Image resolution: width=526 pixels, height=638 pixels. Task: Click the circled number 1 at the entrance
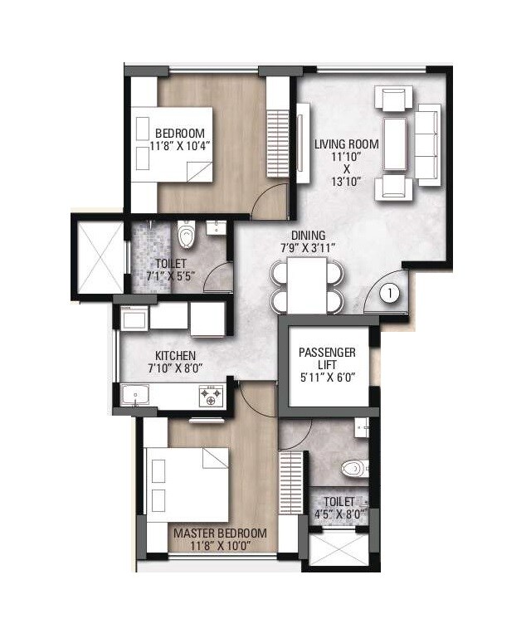(x=389, y=293)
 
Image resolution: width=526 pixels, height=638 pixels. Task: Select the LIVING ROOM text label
(x=346, y=144)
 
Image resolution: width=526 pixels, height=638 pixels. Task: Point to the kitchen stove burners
(x=211, y=396)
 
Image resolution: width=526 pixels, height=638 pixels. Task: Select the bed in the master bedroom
(x=186, y=481)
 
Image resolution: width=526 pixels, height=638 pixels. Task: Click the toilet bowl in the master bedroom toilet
(x=355, y=469)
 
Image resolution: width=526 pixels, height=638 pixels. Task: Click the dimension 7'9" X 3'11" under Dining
(x=308, y=247)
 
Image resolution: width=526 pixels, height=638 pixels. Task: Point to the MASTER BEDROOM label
(x=219, y=533)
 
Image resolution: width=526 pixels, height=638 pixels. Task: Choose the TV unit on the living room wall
(x=303, y=141)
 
